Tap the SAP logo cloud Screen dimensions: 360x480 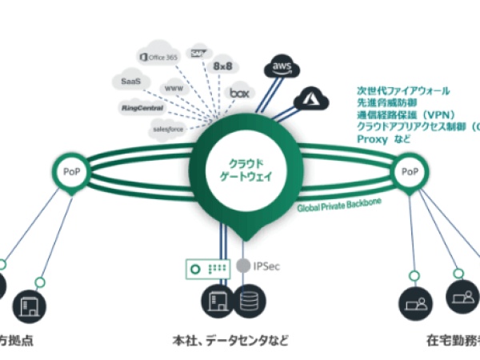(x=197, y=54)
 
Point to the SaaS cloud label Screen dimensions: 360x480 (x=132, y=82)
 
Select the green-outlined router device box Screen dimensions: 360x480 (x=208, y=265)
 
